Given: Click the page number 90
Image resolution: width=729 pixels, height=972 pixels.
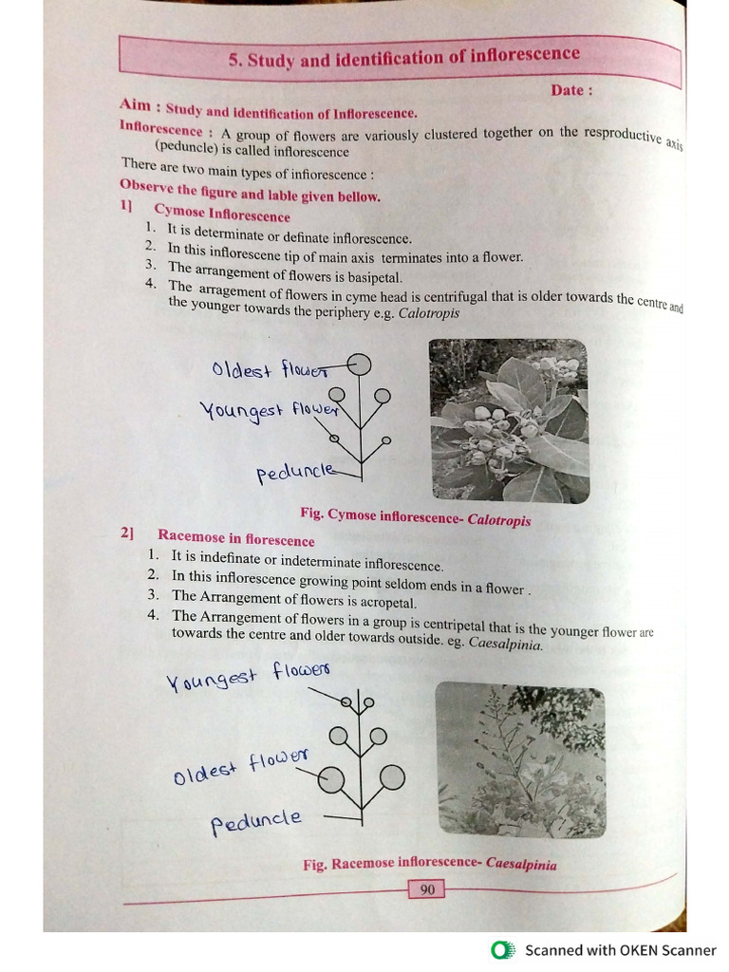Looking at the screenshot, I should [426, 889].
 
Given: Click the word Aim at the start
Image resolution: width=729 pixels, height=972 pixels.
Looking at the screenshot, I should [136, 104].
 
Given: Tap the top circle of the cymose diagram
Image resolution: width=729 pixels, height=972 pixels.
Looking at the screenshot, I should [359, 364].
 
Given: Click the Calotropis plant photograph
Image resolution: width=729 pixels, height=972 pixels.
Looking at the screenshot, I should [509, 421].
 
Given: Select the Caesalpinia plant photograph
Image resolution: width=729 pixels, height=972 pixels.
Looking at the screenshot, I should [520, 759].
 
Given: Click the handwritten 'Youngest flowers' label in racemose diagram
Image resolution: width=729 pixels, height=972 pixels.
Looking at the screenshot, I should [249, 676].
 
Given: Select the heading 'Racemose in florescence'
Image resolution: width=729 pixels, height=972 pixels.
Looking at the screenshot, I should [236, 537].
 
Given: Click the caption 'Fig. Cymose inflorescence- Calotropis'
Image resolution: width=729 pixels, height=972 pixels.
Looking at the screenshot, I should [415, 517].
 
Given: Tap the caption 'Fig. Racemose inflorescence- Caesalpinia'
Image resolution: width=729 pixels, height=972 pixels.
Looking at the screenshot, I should [429, 864].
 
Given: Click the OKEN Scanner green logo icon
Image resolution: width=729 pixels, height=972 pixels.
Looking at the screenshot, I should [500, 950].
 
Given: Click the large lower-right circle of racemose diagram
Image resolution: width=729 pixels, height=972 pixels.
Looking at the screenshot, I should [390, 778].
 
